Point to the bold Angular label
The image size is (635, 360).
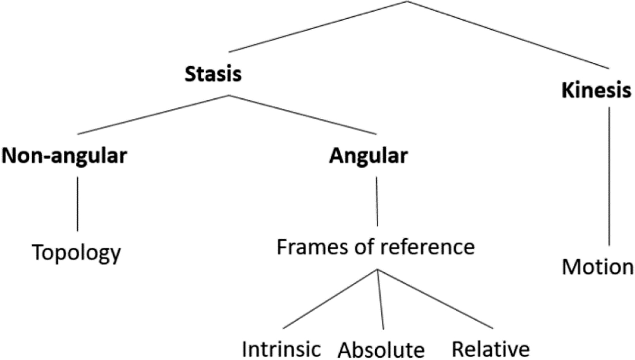tap(369, 156)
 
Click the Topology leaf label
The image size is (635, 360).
tap(76, 253)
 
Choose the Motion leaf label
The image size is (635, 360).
tap(598, 267)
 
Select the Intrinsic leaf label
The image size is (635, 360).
tap(281, 348)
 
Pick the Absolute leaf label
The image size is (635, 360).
tap(381, 349)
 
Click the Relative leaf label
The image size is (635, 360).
tap(491, 348)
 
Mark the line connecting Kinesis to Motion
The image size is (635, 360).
tap(609, 177)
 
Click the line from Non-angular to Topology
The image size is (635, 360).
tap(77, 204)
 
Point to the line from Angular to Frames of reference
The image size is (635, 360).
tap(377, 201)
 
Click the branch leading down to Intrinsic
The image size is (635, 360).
tap(330, 299)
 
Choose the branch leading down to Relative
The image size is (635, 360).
tap(435, 299)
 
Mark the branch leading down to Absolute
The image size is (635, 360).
tap(380, 300)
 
